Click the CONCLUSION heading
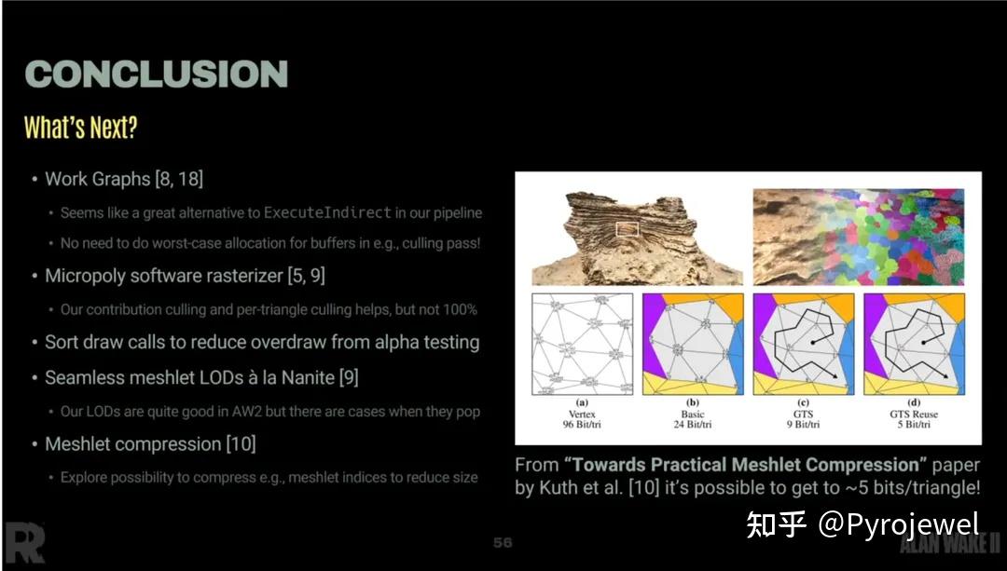pyautogui.click(x=156, y=75)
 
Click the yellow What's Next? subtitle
pyautogui.click(x=80, y=128)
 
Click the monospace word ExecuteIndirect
pyautogui.click(x=327, y=212)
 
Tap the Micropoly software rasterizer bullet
pyautogui.click(x=185, y=276)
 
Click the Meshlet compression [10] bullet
pyautogui.click(x=150, y=444)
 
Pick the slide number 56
pyautogui.click(x=503, y=542)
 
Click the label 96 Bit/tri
pyautogui.click(x=582, y=425)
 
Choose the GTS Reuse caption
pyautogui.click(x=914, y=414)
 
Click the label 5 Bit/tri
pyautogui.click(x=914, y=425)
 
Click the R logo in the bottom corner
pyautogui.click(x=23, y=543)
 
